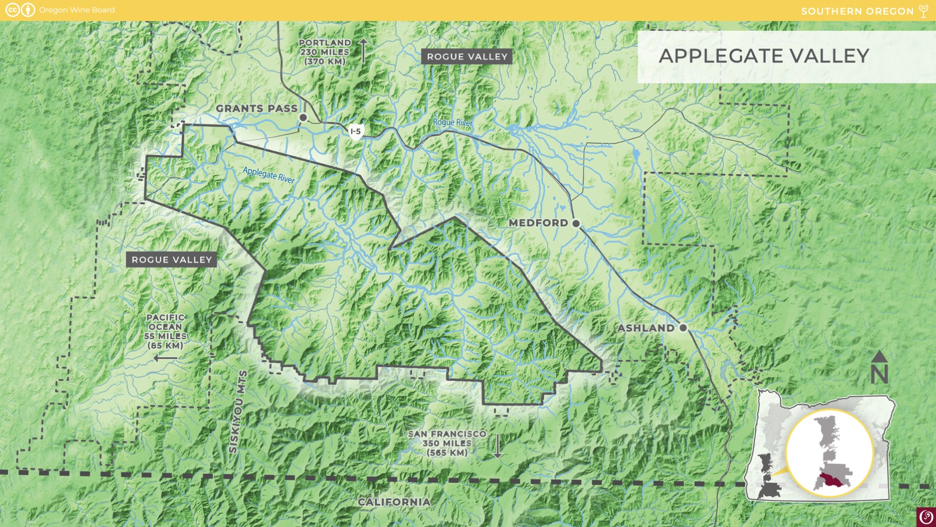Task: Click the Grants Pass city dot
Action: click(303, 117)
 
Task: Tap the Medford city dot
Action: click(576, 223)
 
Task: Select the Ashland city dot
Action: click(683, 328)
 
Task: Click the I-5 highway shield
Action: click(355, 131)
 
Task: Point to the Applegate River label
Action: click(268, 175)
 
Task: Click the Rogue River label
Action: click(452, 123)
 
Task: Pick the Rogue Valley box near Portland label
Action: click(467, 57)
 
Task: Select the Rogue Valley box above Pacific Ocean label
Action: click(172, 260)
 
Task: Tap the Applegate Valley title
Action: click(763, 56)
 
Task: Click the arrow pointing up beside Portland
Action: click(364, 50)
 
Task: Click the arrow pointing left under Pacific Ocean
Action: click(165, 358)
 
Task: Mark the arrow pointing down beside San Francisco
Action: click(498, 446)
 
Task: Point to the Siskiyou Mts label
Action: click(238, 412)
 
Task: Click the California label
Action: click(394, 502)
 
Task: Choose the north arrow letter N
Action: click(879, 373)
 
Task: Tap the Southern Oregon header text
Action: click(857, 11)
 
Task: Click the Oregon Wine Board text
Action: click(76, 10)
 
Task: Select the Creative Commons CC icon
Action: click(12, 10)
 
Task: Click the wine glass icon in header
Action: click(924, 11)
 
